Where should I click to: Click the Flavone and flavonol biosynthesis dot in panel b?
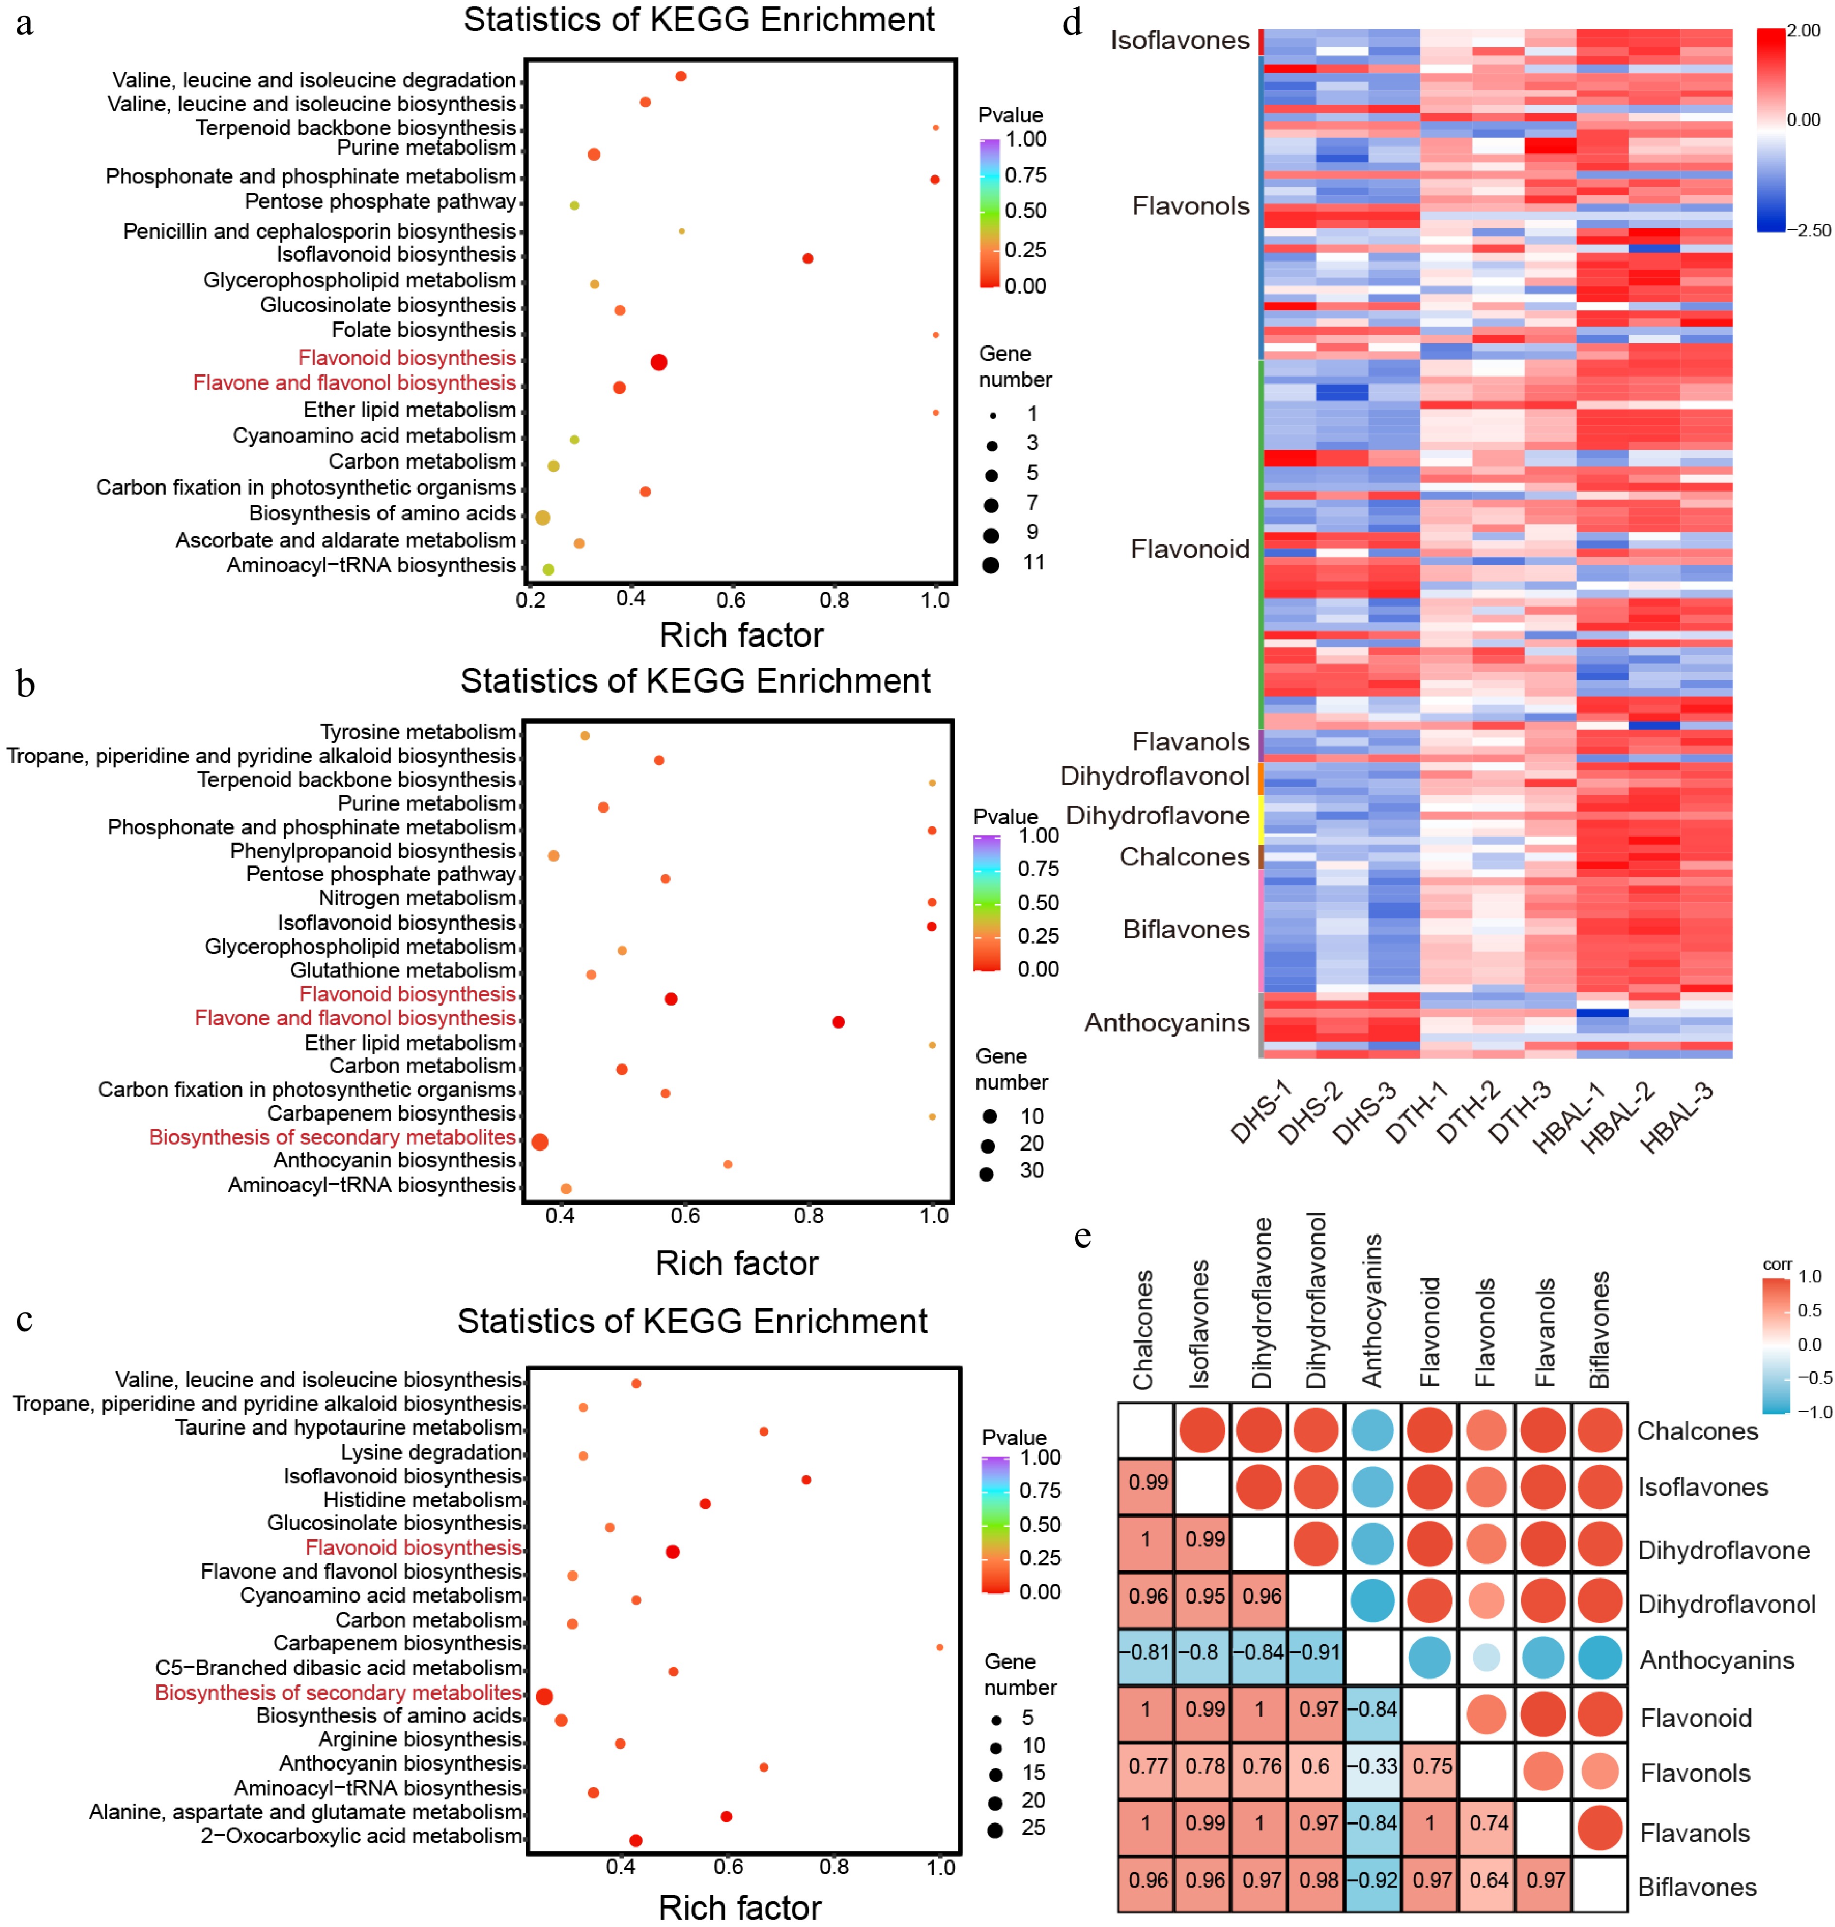(x=838, y=1022)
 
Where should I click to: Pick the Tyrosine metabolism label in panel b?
(x=417, y=731)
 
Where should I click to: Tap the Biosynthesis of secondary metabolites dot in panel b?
(x=539, y=1142)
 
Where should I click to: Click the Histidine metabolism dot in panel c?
(x=705, y=1503)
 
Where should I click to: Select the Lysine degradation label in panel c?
(x=432, y=1453)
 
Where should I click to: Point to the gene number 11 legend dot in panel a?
(x=991, y=565)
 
